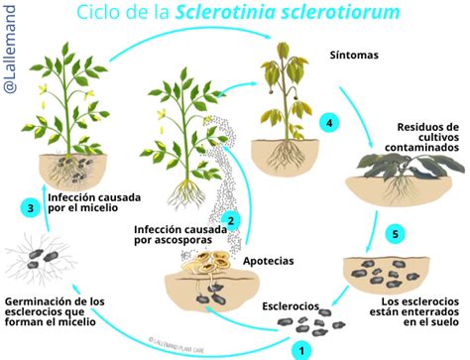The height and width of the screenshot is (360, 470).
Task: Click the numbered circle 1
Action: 298,348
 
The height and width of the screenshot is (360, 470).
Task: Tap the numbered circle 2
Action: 231,220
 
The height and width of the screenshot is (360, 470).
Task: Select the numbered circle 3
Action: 32,207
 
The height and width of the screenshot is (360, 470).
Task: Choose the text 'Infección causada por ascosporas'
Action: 176,236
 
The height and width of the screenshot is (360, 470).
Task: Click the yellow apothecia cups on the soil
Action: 209,262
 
